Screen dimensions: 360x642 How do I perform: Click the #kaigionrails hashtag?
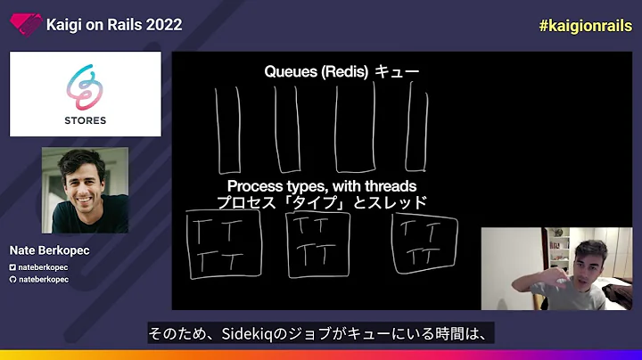[583, 25]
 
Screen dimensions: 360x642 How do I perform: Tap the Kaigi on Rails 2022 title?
[113, 25]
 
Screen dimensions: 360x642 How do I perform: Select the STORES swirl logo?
[85, 86]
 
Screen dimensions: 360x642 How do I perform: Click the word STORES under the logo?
[85, 120]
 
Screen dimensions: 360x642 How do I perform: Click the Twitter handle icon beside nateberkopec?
[12, 267]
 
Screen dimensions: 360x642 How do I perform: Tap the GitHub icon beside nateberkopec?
[12, 279]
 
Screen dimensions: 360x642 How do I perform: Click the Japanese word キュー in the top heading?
[397, 72]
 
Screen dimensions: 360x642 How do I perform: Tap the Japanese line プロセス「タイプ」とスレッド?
[321, 202]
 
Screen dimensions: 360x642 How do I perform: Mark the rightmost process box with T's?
[425, 243]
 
